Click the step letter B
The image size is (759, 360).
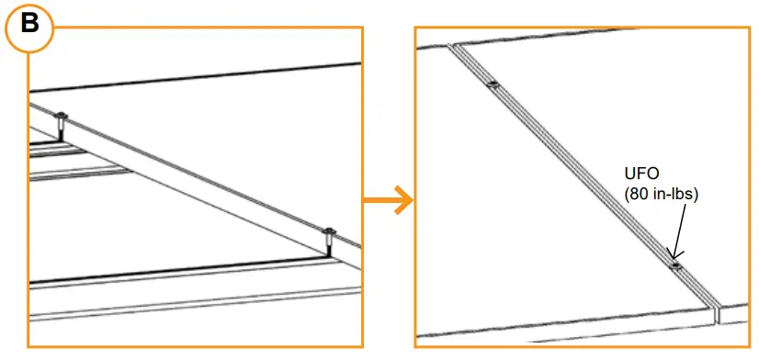(29, 24)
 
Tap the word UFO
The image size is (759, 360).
(640, 173)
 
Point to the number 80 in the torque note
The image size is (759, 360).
(638, 194)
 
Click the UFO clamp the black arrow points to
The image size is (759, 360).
(674, 265)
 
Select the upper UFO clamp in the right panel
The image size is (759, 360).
(493, 84)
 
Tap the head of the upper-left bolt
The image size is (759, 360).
(62, 116)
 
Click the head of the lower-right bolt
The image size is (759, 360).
(329, 231)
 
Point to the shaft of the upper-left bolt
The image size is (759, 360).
(61, 130)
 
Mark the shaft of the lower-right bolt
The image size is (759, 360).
(329, 245)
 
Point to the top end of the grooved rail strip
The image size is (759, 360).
(455, 46)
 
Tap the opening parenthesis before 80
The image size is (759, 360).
(627, 194)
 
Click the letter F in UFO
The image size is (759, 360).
(640, 173)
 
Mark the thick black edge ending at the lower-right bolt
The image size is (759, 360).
(179, 269)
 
